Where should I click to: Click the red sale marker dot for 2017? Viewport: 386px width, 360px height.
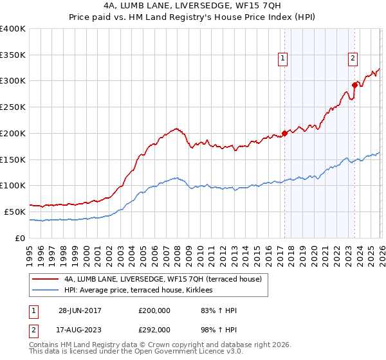click(284, 133)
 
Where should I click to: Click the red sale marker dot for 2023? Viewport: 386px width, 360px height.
click(354, 84)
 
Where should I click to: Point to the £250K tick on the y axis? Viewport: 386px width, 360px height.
click(13, 107)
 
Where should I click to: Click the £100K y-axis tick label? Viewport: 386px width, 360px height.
click(13, 186)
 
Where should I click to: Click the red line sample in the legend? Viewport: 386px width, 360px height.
click(46, 280)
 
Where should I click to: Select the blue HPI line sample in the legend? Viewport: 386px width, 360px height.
click(46, 291)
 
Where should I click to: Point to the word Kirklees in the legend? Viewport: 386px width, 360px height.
click(207, 291)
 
